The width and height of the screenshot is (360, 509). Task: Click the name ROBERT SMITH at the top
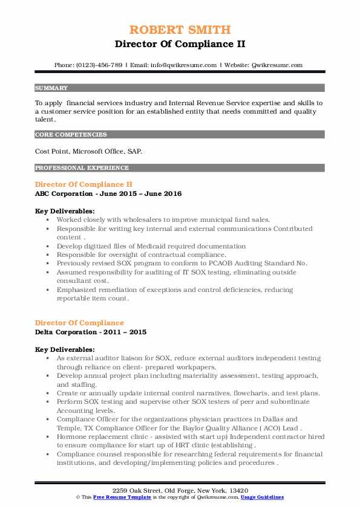pos(180,30)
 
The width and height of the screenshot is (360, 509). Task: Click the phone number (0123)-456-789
pos(101,65)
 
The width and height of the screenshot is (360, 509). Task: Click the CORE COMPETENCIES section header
pos(71,135)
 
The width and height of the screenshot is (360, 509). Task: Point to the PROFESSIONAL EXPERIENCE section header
pos(82,167)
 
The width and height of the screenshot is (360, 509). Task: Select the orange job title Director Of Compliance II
pos(83,184)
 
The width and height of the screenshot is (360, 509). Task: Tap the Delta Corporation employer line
pos(91,332)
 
